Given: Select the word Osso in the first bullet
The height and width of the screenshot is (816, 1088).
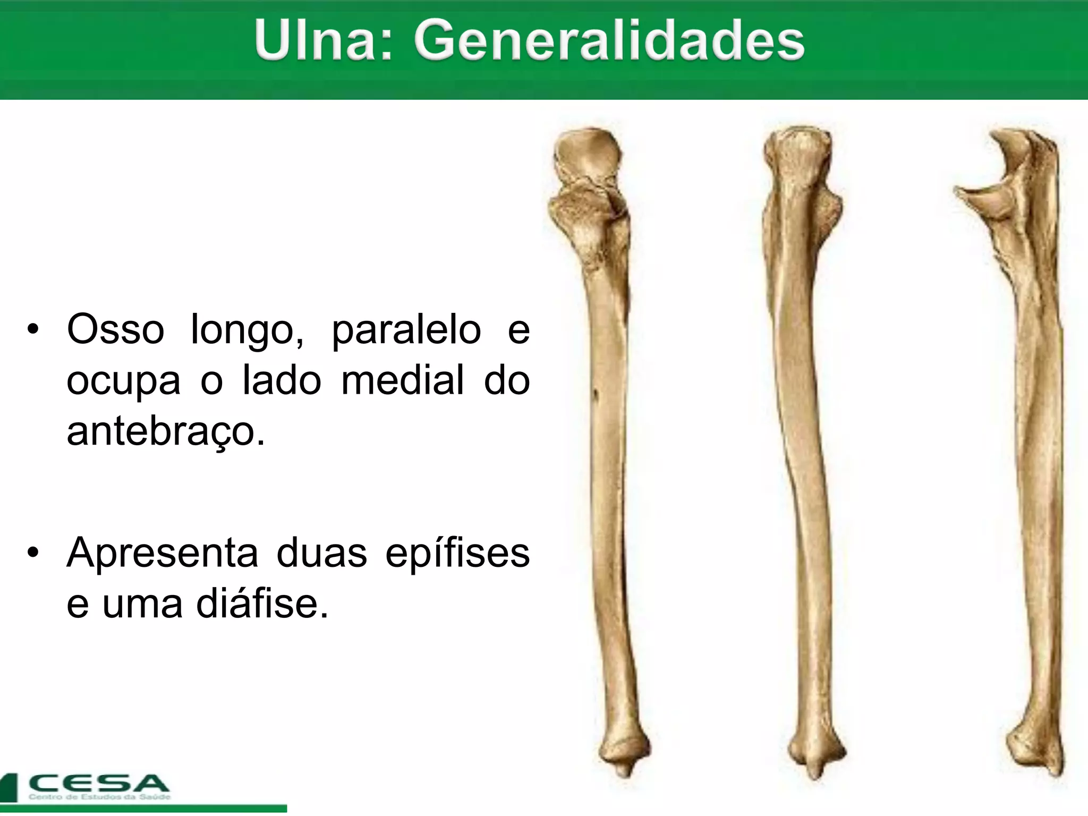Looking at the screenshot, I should (x=115, y=330).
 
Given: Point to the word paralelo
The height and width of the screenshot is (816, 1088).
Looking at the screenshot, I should (x=406, y=331).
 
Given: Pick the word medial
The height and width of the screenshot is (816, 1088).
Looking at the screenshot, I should (x=402, y=380).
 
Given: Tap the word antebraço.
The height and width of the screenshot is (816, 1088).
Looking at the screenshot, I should (x=165, y=431).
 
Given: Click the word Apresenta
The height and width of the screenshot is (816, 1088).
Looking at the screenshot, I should (x=162, y=554).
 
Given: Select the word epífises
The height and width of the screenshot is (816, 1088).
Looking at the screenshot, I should (x=457, y=554).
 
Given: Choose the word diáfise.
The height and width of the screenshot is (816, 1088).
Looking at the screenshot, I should (x=262, y=604).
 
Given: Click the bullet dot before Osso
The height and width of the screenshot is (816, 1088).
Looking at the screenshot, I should (x=33, y=330).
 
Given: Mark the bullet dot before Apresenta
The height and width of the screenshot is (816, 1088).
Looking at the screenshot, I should (x=33, y=553).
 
